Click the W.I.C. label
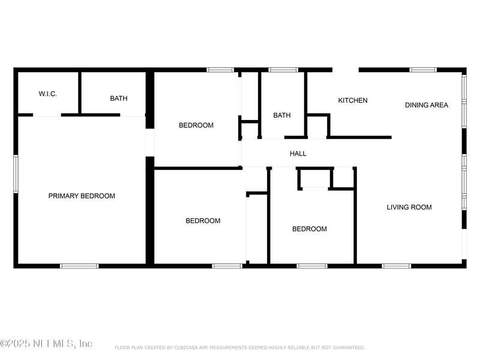coord(48,94)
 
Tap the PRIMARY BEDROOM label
coord(82,196)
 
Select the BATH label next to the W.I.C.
coord(118,98)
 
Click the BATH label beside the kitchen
coord(282,115)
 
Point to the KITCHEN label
coord(353,100)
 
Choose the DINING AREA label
coord(426,105)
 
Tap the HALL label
coord(298,154)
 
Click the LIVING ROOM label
coord(409,208)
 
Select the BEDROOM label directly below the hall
coord(310,229)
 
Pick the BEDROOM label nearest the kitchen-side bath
coord(196,125)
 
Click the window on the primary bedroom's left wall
coord(16,174)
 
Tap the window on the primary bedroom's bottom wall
coord(79,265)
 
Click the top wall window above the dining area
coord(423,70)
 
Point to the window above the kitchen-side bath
coord(283,70)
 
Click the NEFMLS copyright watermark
coord(46,344)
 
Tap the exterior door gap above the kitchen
coord(346,70)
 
